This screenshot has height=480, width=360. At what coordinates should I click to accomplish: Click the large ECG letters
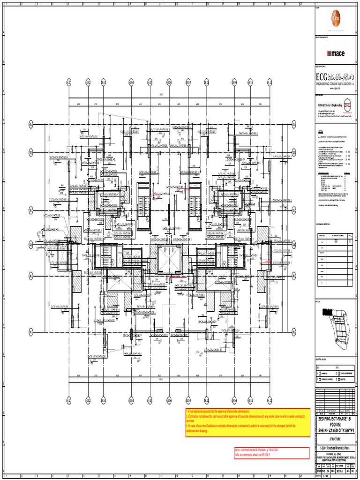tap(322, 76)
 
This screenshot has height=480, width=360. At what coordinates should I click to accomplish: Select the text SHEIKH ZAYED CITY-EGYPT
tap(335, 430)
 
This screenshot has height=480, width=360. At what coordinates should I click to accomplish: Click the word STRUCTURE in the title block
tap(335, 440)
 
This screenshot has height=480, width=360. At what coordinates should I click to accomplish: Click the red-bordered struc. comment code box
tap(271, 453)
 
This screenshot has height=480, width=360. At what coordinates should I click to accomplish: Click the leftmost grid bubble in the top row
tap(69, 82)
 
